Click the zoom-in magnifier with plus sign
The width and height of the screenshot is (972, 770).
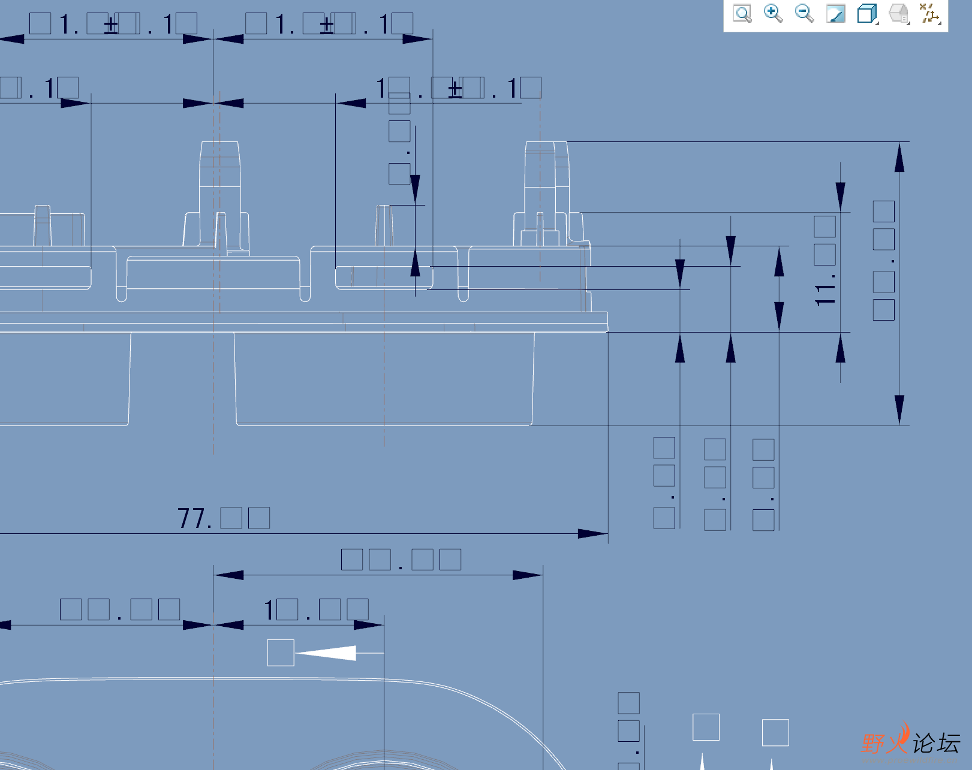pos(773,13)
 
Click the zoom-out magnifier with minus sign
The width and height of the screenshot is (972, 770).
pos(804,13)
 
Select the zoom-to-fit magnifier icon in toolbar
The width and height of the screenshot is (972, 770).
pos(742,14)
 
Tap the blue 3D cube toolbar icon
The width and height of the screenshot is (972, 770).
pos(866,13)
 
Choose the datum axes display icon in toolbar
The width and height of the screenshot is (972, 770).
pos(929,13)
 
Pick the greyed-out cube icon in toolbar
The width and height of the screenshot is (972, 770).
pos(898,13)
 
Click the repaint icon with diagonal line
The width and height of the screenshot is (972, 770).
pos(835,13)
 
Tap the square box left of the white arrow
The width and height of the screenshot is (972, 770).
pos(281,653)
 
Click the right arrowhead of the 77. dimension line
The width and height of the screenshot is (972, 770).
pos(592,533)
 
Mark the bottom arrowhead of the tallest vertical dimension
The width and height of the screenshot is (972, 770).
pos(899,410)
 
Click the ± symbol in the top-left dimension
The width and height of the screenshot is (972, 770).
pos(111,26)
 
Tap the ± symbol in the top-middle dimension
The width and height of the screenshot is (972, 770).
pos(327,26)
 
